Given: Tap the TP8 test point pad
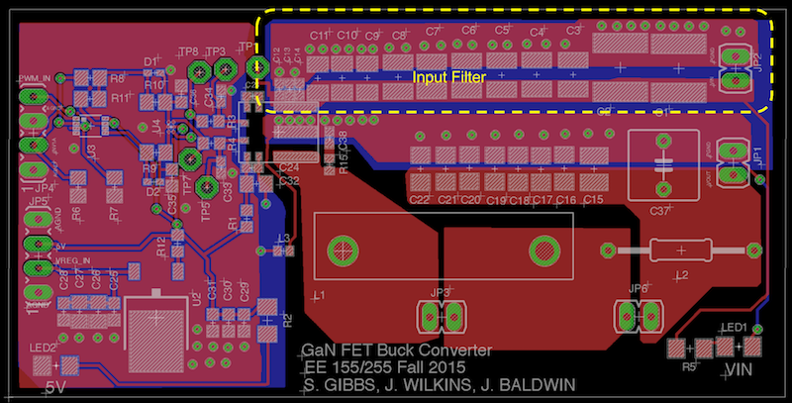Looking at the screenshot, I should pyautogui.click(x=199, y=70).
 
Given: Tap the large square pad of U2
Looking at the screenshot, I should pyautogui.click(x=156, y=330).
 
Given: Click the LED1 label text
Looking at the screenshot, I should pyautogui.click(x=734, y=327).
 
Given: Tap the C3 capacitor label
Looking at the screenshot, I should pyautogui.click(x=573, y=31).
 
